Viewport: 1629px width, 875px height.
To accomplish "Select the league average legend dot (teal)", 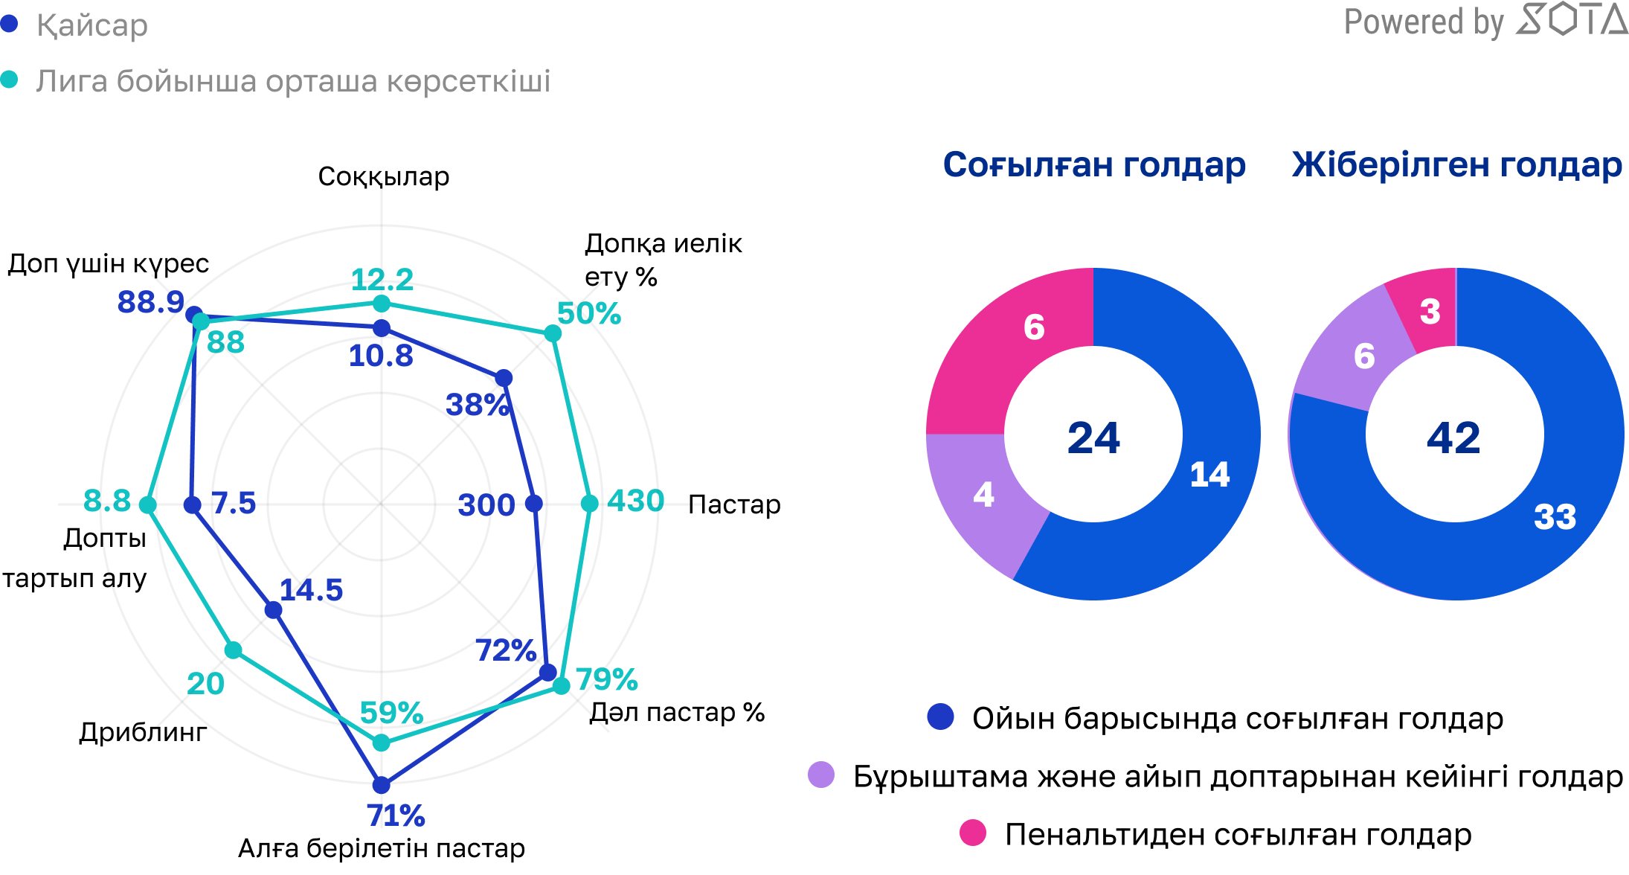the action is point(9,80).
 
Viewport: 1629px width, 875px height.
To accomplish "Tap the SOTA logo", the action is point(1571,20).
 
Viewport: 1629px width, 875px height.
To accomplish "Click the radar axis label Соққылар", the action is point(383,176).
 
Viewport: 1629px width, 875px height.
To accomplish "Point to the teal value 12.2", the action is point(382,280).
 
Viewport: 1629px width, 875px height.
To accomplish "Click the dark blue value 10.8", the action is point(381,356).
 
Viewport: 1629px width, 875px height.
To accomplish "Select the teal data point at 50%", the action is point(552,333).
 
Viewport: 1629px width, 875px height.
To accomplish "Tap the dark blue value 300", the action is point(486,504).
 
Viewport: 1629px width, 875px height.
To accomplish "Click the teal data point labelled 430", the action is point(589,504).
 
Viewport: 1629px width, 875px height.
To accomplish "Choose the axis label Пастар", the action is point(734,504).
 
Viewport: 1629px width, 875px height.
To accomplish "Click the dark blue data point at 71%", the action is point(381,784).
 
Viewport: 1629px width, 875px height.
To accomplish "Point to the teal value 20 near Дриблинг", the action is point(205,683).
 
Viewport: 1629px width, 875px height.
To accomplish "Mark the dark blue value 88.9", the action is point(151,301).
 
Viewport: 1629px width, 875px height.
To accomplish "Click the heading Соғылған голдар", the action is point(1094,164).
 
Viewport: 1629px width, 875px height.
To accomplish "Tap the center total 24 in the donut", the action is point(1093,437).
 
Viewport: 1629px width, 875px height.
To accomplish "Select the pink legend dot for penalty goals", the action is point(973,833).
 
